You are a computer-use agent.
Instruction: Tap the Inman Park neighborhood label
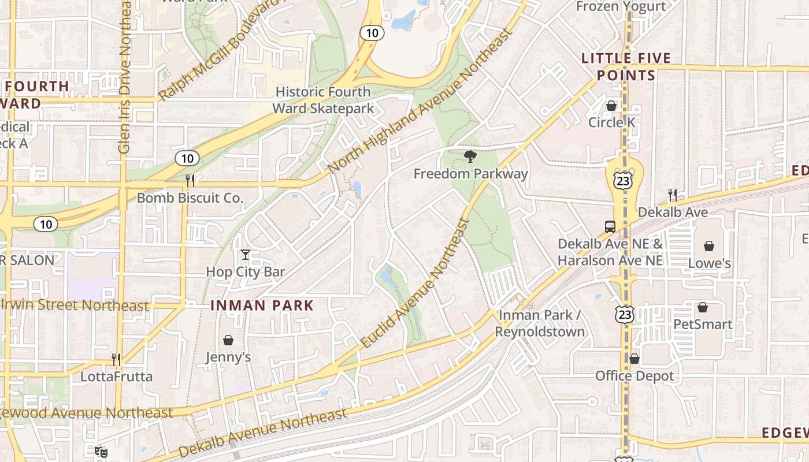[262, 305]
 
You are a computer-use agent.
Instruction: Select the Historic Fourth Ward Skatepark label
[323, 100]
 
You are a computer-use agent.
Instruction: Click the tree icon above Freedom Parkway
[470, 156]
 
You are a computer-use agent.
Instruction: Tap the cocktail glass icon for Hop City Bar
[246, 254]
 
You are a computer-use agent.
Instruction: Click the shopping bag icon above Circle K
[611, 106]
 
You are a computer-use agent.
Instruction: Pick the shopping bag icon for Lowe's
[709, 246]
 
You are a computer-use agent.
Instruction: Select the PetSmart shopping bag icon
[703, 307]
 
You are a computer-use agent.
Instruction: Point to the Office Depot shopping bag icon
[634, 359]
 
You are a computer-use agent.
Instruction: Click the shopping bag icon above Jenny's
[228, 340]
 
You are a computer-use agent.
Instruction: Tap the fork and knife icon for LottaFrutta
[116, 360]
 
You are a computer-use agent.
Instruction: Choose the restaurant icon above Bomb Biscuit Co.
[190, 181]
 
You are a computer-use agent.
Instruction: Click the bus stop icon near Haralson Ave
[610, 227]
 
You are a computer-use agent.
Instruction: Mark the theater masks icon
[101, 452]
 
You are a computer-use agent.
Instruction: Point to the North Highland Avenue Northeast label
[420, 100]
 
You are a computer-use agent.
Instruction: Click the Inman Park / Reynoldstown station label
[540, 323]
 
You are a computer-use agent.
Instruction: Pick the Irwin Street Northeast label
[75, 305]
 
